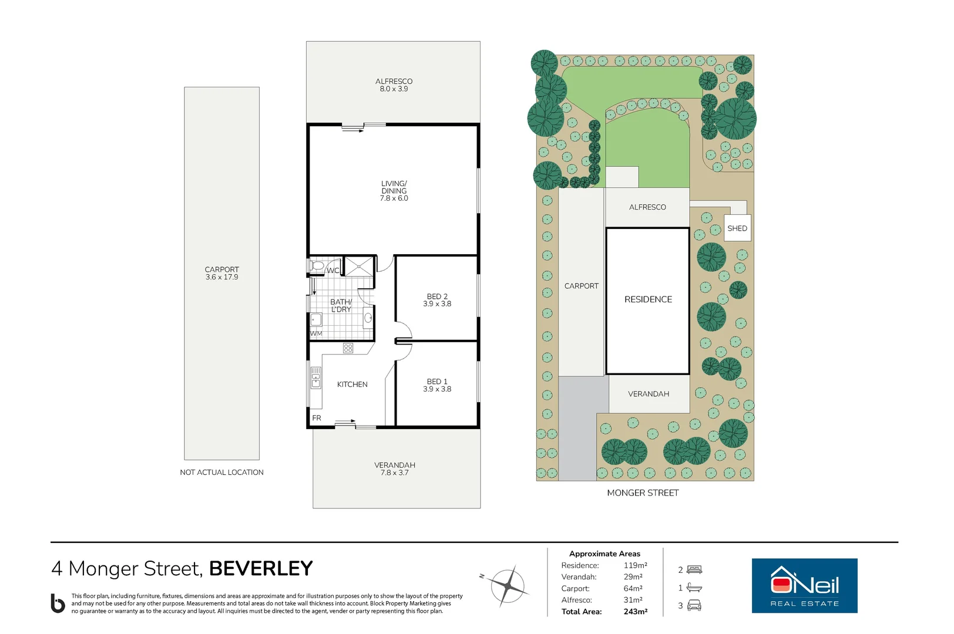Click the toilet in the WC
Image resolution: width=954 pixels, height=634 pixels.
pyautogui.click(x=317, y=266)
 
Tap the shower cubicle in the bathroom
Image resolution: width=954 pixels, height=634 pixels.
pyautogui.click(x=359, y=267)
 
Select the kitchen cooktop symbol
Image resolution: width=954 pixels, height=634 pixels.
pyautogui.click(x=348, y=348)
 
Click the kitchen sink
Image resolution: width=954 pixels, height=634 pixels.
pyautogui.click(x=315, y=378)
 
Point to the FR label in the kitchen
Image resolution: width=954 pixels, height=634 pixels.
pyautogui.click(x=317, y=418)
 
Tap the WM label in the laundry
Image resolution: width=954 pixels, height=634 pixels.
pyautogui.click(x=316, y=333)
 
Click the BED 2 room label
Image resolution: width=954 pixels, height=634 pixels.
pyautogui.click(x=437, y=296)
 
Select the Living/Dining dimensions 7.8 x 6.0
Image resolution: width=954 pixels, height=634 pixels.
pyautogui.click(x=394, y=198)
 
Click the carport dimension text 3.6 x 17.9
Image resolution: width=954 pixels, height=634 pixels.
pyautogui.click(x=222, y=277)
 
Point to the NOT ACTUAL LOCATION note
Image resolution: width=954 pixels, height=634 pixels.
pyautogui.click(x=222, y=473)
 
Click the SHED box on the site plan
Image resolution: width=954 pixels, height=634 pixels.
pyautogui.click(x=737, y=228)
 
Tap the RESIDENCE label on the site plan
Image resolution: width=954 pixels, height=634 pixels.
pyautogui.click(x=648, y=299)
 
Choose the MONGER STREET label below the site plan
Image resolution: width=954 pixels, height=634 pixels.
pyautogui.click(x=643, y=493)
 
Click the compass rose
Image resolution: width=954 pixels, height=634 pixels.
pyautogui.click(x=507, y=586)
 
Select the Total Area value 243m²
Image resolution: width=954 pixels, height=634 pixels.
pyautogui.click(x=636, y=612)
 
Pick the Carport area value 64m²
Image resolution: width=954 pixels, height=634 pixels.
pyautogui.click(x=633, y=588)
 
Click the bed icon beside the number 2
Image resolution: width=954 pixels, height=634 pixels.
pyautogui.click(x=694, y=569)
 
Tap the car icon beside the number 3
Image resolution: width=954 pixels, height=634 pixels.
pyautogui.click(x=694, y=605)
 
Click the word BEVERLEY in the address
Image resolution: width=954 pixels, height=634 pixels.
pyautogui.click(x=261, y=568)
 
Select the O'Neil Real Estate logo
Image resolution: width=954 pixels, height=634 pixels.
pyautogui.click(x=805, y=585)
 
